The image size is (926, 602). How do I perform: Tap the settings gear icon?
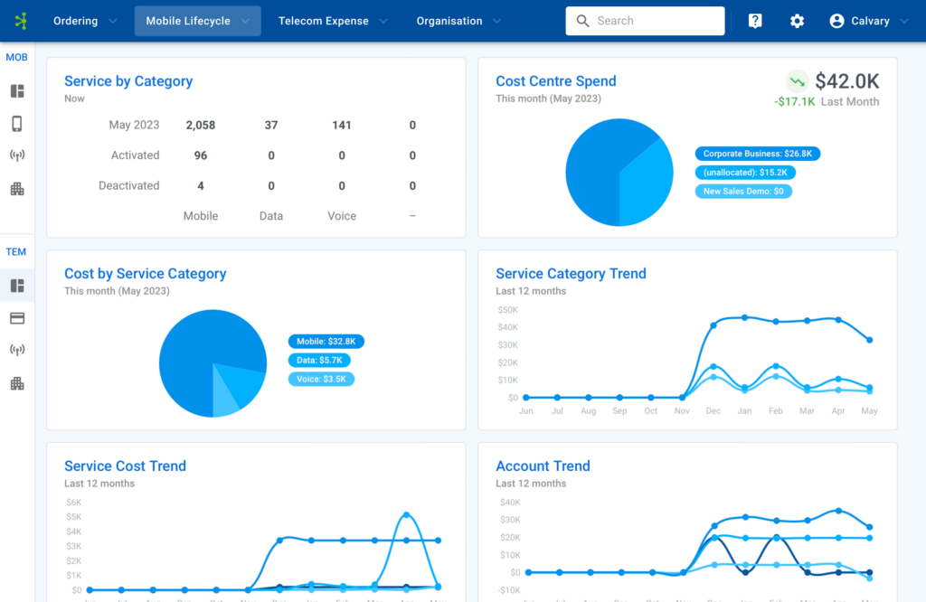(x=797, y=21)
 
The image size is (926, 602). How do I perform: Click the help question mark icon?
(x=755, y=21)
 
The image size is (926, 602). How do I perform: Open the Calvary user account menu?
(x=869, y=21)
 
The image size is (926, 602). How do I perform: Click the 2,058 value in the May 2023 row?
(x=201, y=125)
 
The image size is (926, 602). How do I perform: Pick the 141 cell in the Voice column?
(x=342, y=125)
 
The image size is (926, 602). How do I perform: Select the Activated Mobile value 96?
(x=201, y=155)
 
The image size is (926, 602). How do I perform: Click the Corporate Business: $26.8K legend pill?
(x=757, y=155)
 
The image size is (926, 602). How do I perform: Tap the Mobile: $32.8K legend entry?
(x=326, y=342)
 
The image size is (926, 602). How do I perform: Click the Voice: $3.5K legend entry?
(x=321, y=379)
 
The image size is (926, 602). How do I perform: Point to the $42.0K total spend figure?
(x=846, y=81)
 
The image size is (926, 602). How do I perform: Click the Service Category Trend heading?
(x=571, y=274)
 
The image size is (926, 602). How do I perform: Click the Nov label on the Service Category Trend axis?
(x=682, y=411)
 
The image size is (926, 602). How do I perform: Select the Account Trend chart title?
(x=543, y=466)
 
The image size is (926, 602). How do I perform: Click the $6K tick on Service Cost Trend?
(x=73, y=503)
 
